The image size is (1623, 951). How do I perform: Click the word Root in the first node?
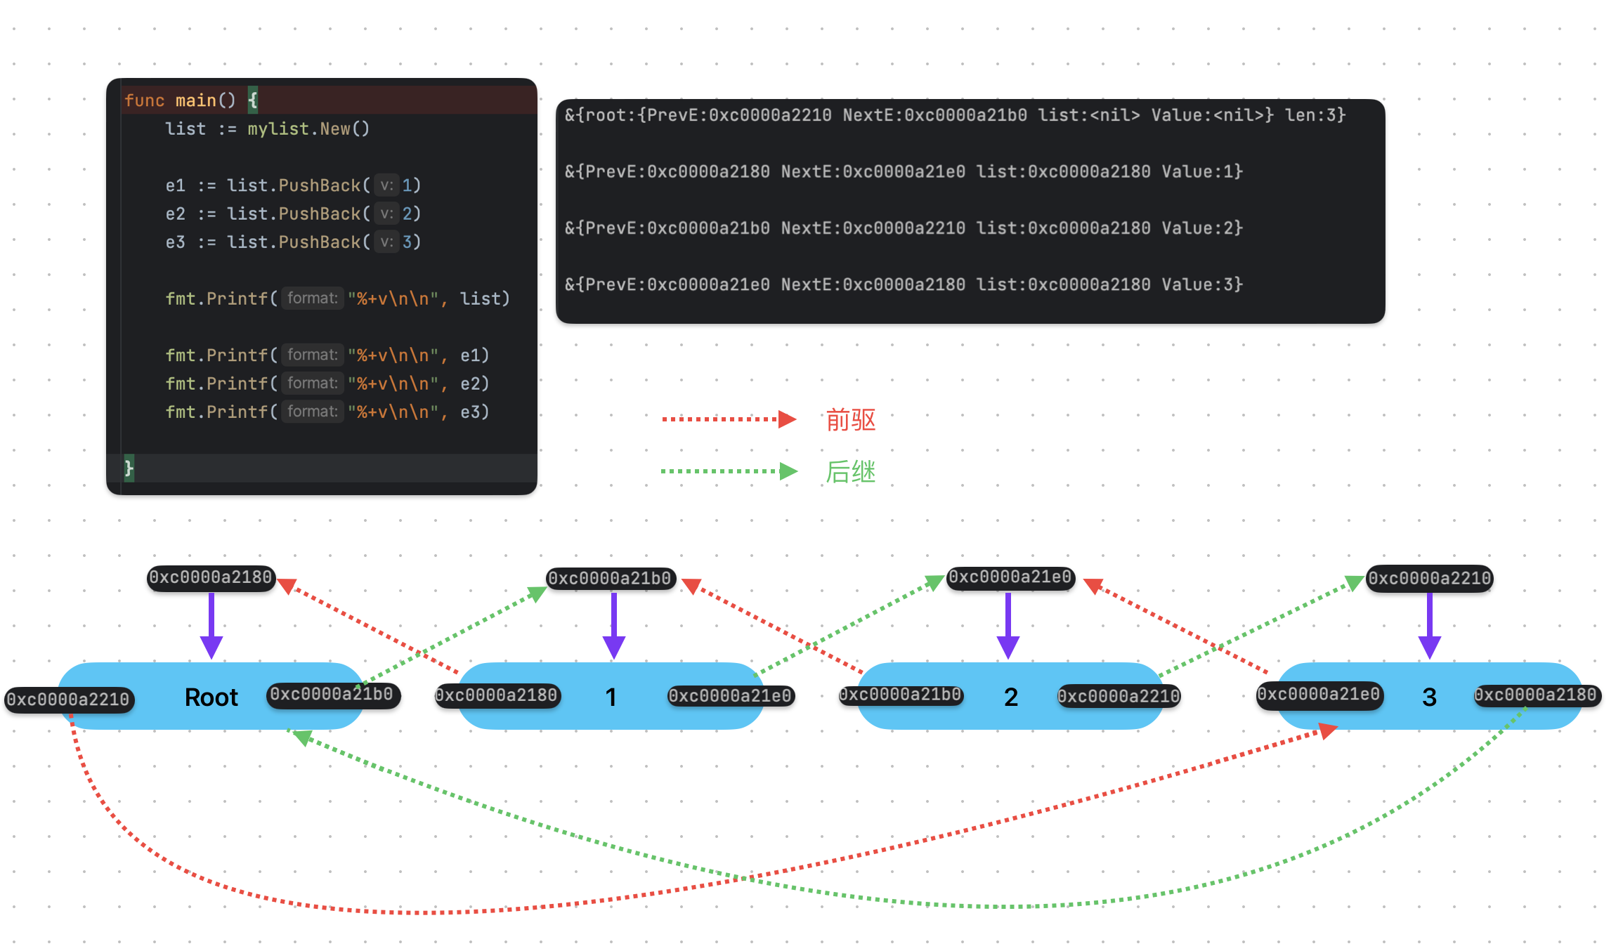coord(211,697)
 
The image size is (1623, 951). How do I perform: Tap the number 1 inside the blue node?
coord(611,697)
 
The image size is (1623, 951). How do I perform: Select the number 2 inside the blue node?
coord(1011,697)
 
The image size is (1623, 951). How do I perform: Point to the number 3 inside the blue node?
coord(1429,697)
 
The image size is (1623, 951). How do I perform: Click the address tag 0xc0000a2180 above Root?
coord(211,578)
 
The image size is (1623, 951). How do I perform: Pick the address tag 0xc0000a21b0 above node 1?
coord(611,579)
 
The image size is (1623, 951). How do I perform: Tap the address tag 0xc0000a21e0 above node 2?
coord(1010,578)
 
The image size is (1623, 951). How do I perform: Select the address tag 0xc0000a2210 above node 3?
coord(1430,579)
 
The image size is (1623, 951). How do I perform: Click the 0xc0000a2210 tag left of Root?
coord(69,700)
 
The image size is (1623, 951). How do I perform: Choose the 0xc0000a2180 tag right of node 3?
coord(1537,695)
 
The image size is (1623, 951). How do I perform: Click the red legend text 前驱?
coord(851,420)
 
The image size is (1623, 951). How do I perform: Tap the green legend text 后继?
coord(851,472)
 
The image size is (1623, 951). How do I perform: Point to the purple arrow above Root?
coord(211,626)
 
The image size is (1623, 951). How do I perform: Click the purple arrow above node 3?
coord(1430,626)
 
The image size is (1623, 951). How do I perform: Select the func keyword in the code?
coord(144,101)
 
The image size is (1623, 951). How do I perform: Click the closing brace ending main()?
coord(129,468)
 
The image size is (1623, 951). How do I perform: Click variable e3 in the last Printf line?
coord(470,412)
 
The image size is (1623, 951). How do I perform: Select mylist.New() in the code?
coord(308,129)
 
